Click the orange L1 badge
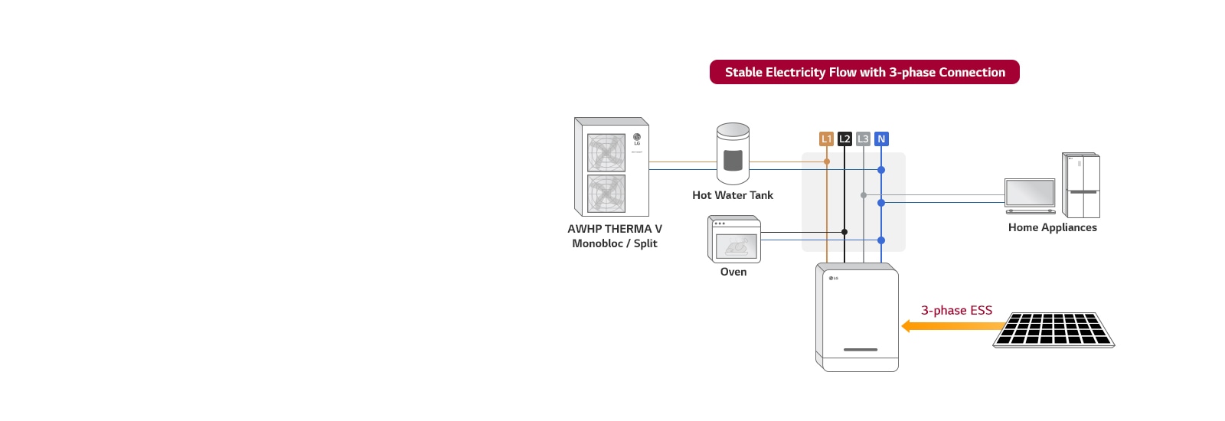tap(826, 139)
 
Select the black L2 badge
tap(844, 139)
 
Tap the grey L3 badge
tap(863, 139)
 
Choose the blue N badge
tap(881, 139)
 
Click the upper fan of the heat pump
tap(606, 152)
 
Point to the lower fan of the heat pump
tap(606, 194)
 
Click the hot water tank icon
tap(733, 154)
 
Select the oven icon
tap(734, 240)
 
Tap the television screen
tap(1030, 193)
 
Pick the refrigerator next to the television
tap(1081, 185)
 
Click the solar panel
tap(1053, 330)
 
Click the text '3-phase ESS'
tap(956, 310)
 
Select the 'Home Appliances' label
tap(1052, 227)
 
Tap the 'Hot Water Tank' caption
tap(733, 195)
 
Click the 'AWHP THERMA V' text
tap(614, 229)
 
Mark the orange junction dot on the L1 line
tap(827, 162)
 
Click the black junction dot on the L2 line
tap(844, 232)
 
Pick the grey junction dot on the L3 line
tap(864, 195)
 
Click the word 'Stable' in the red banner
tap(743, 72)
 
